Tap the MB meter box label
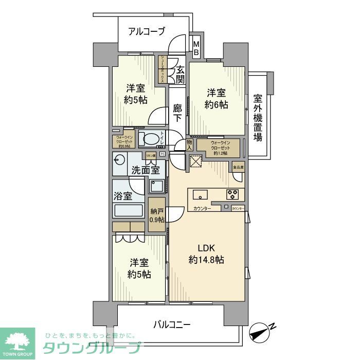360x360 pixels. pos(196,48)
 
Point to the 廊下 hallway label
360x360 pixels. pos(177,112)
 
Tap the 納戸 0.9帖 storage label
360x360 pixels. pos(157,215)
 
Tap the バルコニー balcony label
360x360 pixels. pos(172,325)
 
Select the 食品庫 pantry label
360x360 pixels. pos(238,168)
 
